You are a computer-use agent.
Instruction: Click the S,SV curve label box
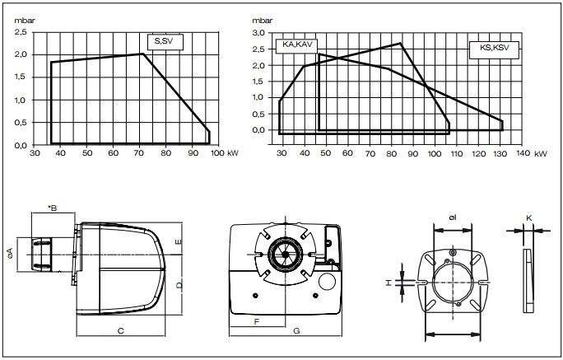[165, 42]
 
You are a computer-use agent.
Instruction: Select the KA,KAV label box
[296, 45]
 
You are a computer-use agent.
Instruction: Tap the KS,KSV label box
[494, 50]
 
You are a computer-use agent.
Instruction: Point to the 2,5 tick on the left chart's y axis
[21, 32]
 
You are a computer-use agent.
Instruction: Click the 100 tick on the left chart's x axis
[217, 153]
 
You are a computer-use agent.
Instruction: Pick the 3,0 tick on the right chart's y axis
[258, 33]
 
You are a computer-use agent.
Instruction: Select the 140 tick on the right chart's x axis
[523, 153]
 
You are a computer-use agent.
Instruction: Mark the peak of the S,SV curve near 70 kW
[142, 54]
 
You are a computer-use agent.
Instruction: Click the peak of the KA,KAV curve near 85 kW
[400, 43]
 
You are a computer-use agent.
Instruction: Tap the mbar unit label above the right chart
[262, 21]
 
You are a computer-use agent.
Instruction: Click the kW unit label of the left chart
[233, 153]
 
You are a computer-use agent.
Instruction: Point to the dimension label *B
[53, 208]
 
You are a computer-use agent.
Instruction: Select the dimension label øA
[10, 254]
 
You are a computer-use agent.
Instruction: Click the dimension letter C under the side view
[121, 330]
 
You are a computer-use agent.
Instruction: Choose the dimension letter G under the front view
[296, 330]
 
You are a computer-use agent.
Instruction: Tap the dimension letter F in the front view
[256, 321]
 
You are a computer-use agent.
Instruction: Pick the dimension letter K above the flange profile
[529, 218]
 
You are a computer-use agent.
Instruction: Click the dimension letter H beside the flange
[389, 283]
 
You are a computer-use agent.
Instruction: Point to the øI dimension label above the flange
[453, 217]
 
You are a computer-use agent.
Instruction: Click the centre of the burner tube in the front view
[286, 255]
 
